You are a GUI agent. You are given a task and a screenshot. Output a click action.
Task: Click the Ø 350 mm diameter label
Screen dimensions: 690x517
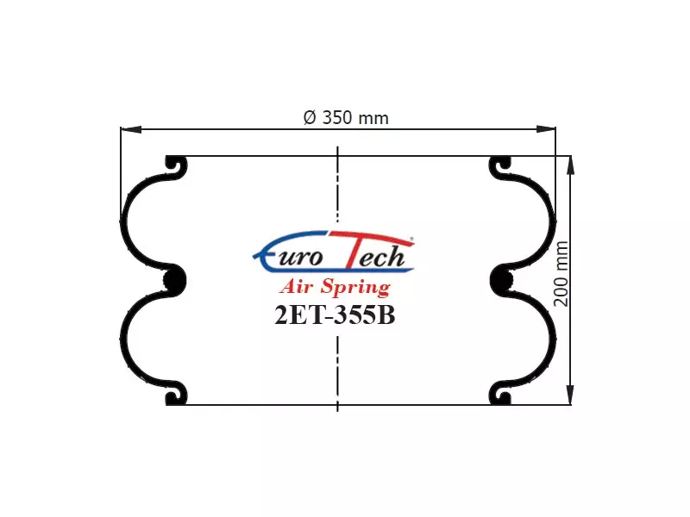point(346,118)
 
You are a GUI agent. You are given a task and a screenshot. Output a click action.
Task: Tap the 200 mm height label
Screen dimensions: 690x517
point(561,273)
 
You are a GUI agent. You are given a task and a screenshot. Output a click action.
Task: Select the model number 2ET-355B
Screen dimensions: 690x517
point(335,315)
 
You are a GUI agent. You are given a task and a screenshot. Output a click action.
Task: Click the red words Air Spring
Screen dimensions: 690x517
point(335,287)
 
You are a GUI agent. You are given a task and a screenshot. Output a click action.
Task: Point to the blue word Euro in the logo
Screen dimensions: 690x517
point(288,255)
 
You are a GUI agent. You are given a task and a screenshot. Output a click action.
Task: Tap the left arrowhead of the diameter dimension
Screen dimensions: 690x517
point(131,129)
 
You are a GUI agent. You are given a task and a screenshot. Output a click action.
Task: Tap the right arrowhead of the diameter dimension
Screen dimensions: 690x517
point(545,129)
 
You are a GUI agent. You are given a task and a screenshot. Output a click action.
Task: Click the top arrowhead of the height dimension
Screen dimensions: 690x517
point(570,166)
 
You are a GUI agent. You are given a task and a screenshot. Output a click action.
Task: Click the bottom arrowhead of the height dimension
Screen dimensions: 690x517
point(570,394)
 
